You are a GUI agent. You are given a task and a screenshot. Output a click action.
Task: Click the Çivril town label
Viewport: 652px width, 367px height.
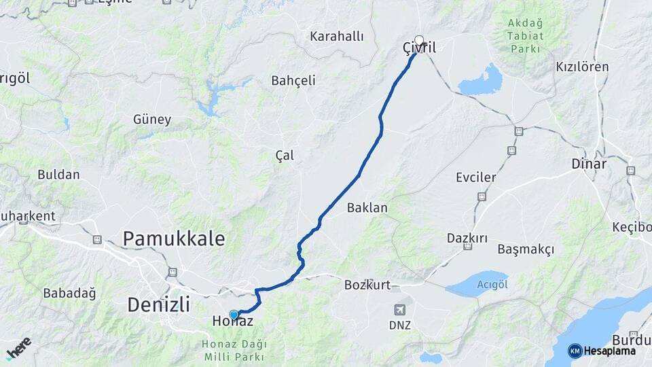[x=418, y=48]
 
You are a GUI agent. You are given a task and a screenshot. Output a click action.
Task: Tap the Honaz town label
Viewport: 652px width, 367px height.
[x=232, y=321]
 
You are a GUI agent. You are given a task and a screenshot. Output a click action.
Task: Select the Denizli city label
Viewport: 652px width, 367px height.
[x=158, y=304]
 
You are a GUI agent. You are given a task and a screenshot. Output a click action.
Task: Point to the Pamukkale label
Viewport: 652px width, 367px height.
[x=173, y=238]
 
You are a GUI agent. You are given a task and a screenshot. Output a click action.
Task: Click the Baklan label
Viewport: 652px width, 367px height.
[x=367, y=207]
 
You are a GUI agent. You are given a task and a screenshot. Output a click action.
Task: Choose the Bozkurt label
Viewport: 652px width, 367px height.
[x=367, y=285]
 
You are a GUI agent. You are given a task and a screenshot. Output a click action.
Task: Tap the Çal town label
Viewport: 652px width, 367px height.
[x=285, y=156]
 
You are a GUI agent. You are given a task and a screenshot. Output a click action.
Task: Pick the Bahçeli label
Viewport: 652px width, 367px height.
[x=293, y=80]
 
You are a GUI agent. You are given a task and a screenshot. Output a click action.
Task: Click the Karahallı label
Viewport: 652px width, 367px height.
[x=337, y=36]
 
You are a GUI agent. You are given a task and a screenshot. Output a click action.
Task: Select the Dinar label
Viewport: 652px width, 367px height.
[x=589, y=164]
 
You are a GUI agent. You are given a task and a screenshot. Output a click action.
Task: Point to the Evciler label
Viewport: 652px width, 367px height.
[x=476, y=178]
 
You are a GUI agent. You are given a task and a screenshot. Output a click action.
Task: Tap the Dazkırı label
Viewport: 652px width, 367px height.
[x=467, y=238]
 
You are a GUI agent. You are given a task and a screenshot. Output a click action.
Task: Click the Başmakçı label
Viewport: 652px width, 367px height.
[x=526, y=249]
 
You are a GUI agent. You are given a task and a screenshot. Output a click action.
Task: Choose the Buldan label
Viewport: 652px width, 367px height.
[x=58, y=174]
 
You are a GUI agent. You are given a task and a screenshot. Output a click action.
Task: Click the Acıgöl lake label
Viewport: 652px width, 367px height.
[x=492, y=283]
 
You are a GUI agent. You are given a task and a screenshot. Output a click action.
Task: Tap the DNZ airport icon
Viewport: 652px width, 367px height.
[x=401, y=310]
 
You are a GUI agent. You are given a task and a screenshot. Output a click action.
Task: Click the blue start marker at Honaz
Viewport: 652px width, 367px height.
[x=234, y=315]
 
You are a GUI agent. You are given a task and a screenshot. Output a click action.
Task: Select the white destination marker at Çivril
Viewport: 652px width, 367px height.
[x=419, y=39]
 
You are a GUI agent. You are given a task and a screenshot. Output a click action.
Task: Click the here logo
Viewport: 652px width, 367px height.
[x=18, y=348]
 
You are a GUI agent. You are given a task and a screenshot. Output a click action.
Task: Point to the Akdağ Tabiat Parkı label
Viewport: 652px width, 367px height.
[x=526, y=35]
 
